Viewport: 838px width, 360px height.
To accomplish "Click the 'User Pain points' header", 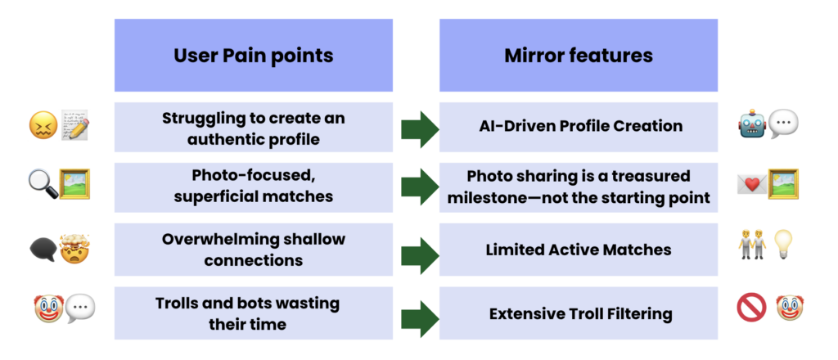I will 253,56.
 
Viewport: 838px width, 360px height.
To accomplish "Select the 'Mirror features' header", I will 578,56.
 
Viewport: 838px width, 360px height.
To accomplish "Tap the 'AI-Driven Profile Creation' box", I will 578,127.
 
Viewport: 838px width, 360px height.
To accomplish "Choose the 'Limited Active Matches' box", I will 578,250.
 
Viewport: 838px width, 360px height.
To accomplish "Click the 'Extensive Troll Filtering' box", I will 578,313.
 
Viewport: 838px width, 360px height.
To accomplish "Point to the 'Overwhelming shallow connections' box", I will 253,250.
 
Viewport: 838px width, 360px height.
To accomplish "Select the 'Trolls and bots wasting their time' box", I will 253,313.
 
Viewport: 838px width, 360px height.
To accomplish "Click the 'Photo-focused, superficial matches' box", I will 253,187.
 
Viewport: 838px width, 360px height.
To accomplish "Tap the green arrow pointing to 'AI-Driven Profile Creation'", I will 420,129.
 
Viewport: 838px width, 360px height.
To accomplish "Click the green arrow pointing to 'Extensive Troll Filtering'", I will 420,314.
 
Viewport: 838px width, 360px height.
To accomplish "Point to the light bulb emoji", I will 784,245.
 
